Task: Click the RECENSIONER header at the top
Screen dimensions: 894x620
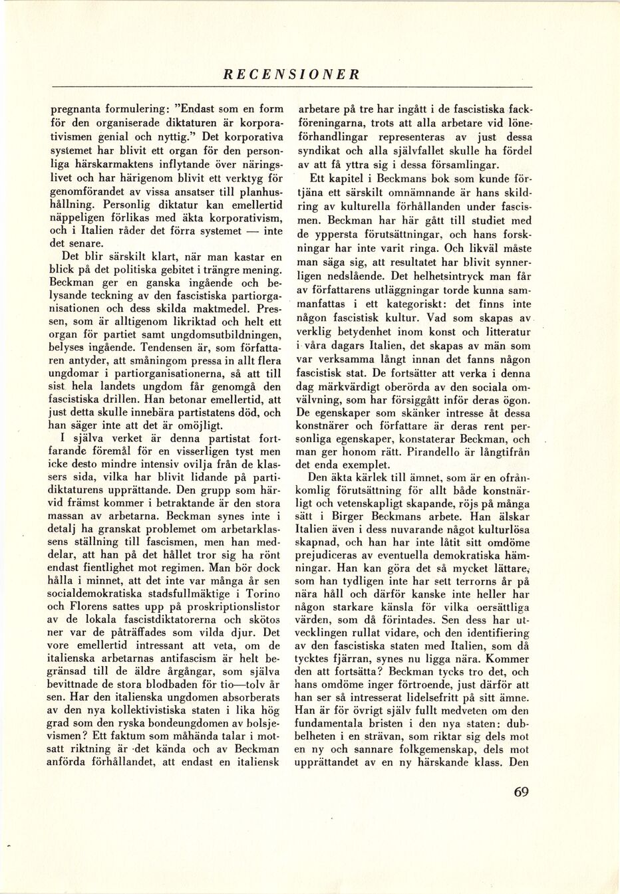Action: pos(291,74)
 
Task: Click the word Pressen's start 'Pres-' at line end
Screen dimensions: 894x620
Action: pos(270,308)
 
